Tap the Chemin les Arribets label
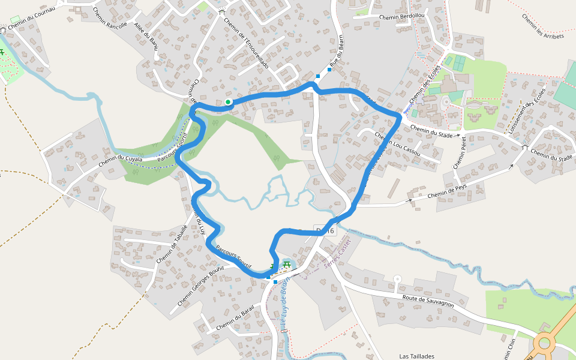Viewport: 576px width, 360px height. pyautogui.click(x=543, y=27)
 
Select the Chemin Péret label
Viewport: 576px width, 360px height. pyautogui.click(x=460, y=154)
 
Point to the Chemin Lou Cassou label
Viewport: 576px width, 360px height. pyautogui.click(x=397, y=146)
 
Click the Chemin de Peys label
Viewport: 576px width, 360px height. pyautogui.click(x=447, y=191)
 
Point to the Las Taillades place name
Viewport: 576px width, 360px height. pyautogui.click(x=416, y=356)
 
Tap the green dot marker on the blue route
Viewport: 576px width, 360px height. pyautogui.click(x=228, y=102)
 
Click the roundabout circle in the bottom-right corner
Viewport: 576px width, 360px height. pyautogui.click(x=545, y=343)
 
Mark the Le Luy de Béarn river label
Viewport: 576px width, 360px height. pyautogui.click(x=286, y=303)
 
